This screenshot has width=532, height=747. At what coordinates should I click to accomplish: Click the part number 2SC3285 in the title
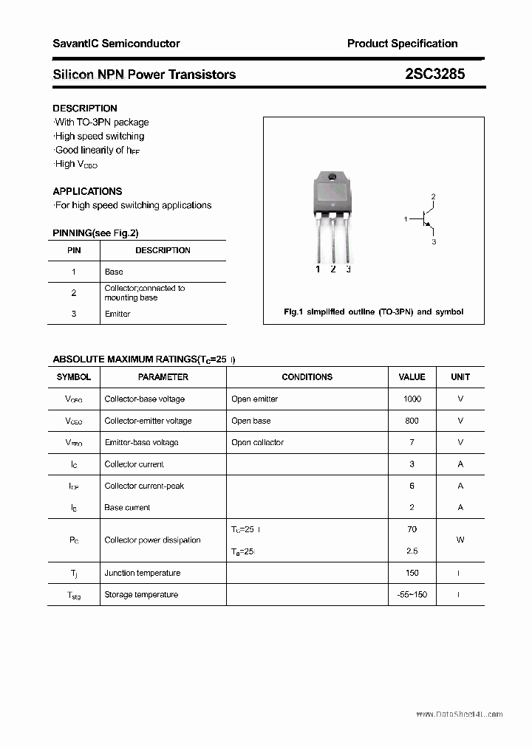[x=434, y=75]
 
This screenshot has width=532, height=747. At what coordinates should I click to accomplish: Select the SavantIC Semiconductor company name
[x=116, y=44]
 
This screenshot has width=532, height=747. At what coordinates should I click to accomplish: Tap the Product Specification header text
[x=402, y=44]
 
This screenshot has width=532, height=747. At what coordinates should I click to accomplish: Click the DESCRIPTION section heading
[x=84, y=108]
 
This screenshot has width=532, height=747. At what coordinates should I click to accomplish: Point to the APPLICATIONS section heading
[x=87, y=191]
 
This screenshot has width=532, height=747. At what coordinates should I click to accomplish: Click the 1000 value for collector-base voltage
[x=412, y=399]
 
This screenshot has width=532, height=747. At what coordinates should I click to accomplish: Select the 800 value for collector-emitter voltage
[x=412, y=421]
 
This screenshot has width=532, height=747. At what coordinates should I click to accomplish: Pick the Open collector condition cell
[x=257, y=442]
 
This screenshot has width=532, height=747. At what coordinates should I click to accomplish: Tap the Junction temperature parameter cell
[x=142, y=573]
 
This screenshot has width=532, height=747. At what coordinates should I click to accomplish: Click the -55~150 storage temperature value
[x=412, y=594]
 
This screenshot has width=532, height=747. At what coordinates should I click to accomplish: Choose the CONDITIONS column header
[x=307, y=377]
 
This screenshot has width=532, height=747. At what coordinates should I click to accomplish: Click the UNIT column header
[x=460, y=377]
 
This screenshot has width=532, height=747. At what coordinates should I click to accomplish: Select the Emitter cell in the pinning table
[x=117, y=314]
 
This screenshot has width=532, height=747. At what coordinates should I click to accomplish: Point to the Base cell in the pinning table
[x=114, y=272]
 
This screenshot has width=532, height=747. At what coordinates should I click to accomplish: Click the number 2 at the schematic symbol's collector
[x=434, y=196]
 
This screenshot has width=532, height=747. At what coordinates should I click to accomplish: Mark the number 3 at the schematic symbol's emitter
[x=434, y=241]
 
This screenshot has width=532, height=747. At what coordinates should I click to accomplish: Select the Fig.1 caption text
[x=373, y=311]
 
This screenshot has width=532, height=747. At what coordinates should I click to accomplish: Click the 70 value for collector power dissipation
[x=412, y=529]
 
